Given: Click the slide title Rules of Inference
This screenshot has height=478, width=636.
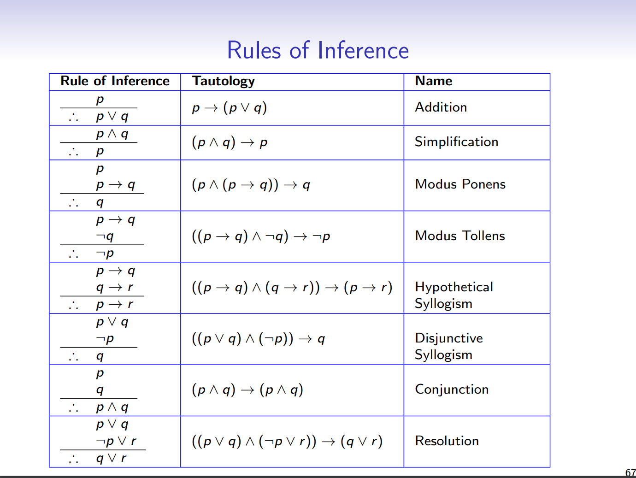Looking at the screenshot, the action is [318, 50].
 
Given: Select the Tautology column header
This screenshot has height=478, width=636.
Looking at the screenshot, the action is [224, 81].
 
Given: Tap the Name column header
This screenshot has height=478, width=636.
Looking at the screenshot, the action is [434, 81].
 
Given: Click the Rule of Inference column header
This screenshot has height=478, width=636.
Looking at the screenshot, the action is [115, 81].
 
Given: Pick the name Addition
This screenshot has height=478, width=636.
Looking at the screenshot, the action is [441, 107].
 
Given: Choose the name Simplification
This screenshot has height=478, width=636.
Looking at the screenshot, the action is [456, 142].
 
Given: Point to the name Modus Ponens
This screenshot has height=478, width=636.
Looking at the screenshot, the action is [460, 184].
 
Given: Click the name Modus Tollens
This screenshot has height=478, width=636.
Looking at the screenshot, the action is [460, 236].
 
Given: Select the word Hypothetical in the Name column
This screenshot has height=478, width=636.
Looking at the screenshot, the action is [454, 287].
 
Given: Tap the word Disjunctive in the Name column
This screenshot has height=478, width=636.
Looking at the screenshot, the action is [449, 338].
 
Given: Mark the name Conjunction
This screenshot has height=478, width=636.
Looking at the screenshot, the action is [452, 389].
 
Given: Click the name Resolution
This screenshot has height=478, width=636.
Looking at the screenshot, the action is [447, 441].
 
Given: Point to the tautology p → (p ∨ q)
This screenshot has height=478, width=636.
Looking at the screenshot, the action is [229, 108].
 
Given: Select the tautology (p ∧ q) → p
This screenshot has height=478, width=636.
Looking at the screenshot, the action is [229, 142].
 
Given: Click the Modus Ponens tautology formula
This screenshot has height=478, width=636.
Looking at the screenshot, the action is [251, 185].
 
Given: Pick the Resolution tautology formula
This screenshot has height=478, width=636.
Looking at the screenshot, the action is [287, 442].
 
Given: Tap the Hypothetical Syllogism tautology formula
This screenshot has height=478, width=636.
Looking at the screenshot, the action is [292, 288].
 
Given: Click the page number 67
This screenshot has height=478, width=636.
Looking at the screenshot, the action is [630, 473].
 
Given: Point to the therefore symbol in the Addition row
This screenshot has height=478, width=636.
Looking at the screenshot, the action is [73, 118].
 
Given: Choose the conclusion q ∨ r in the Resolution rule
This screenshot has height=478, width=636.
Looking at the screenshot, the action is [111, 458].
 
